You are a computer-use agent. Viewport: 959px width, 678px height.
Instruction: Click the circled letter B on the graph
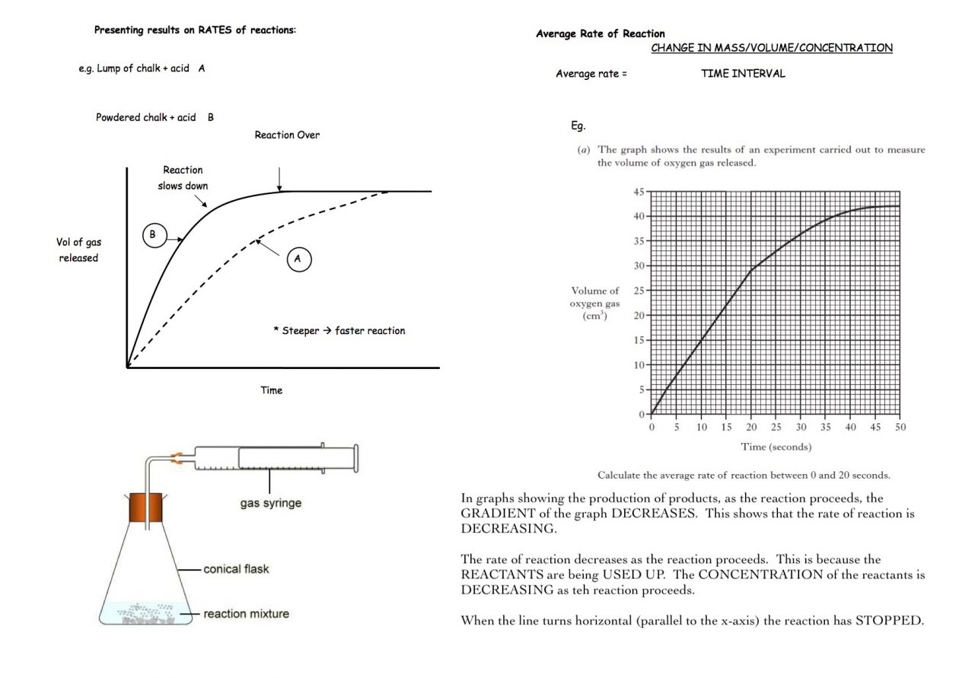152,236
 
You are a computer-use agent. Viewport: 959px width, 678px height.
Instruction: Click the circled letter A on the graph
298,259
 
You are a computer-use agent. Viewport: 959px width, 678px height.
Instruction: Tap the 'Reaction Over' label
287,135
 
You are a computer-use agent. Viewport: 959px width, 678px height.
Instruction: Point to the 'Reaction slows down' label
183,178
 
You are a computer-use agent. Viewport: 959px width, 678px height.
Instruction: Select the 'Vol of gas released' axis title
78,250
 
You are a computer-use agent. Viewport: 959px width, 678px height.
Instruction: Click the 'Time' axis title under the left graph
272,390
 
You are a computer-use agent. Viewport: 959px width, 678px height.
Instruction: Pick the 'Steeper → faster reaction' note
339,331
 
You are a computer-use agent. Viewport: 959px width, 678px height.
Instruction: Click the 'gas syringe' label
271,503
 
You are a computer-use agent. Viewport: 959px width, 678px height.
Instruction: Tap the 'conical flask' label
236,568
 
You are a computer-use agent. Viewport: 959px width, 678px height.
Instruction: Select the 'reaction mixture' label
246,613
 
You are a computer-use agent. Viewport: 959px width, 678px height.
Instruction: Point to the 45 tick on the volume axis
639,192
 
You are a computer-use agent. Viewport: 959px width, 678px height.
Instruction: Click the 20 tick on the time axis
752,428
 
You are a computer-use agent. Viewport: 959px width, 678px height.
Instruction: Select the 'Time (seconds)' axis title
776,447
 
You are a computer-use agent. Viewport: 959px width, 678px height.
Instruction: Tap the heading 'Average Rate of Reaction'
601,33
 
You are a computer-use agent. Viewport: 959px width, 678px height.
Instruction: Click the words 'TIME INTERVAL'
743,74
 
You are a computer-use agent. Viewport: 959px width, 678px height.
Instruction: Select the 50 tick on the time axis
900,428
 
